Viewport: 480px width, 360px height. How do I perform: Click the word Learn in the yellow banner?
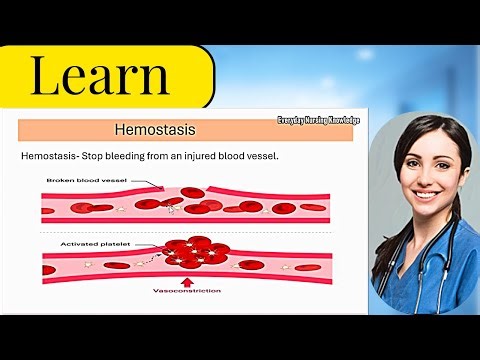click(x=99, y=76)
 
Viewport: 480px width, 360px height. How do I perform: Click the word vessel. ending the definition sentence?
click(x=300, y=158)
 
